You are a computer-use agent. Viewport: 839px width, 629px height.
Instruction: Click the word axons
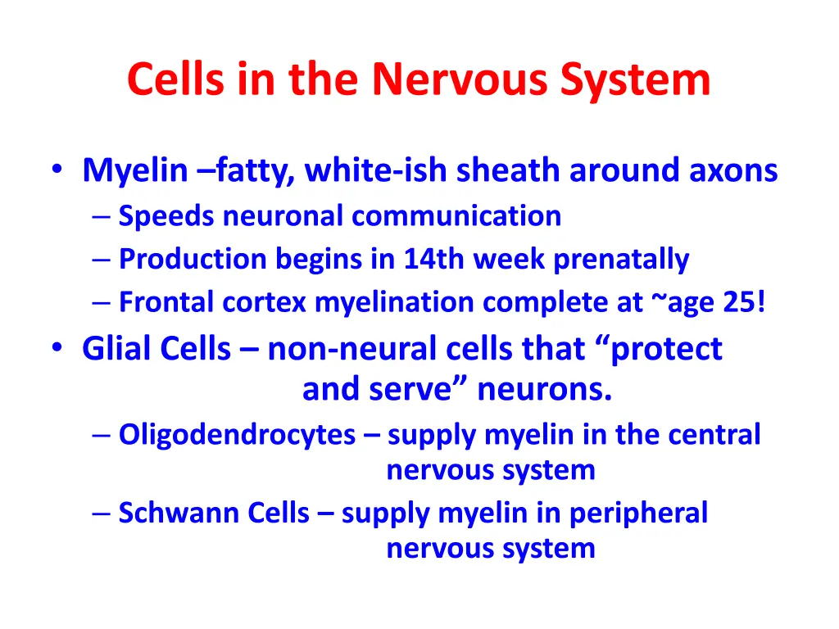click(732, 171)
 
